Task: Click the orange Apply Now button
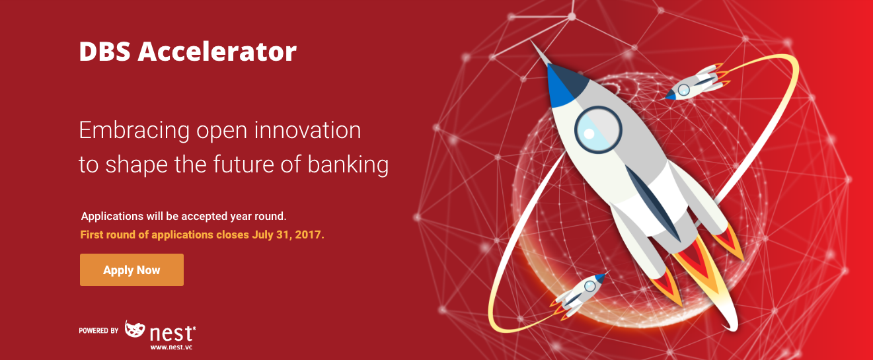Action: tap(132, 270)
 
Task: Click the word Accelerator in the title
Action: tap(217, 52)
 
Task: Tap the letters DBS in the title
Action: tap(104, 52)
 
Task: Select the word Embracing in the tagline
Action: tap(134, 131)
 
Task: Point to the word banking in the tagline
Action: tap(348, 164)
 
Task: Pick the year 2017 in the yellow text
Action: tap(309, 234)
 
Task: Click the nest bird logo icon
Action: tap(134, 329)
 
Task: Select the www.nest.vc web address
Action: tap(171, 347)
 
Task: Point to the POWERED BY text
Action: tap(98, 331)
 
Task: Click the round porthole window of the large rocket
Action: tap(598, 129)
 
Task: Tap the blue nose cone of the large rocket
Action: tap(564, 86)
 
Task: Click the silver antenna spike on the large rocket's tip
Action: tap(539, 53)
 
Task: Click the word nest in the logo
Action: tap(171, 333)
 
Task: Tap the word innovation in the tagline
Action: tap(307, 130)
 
